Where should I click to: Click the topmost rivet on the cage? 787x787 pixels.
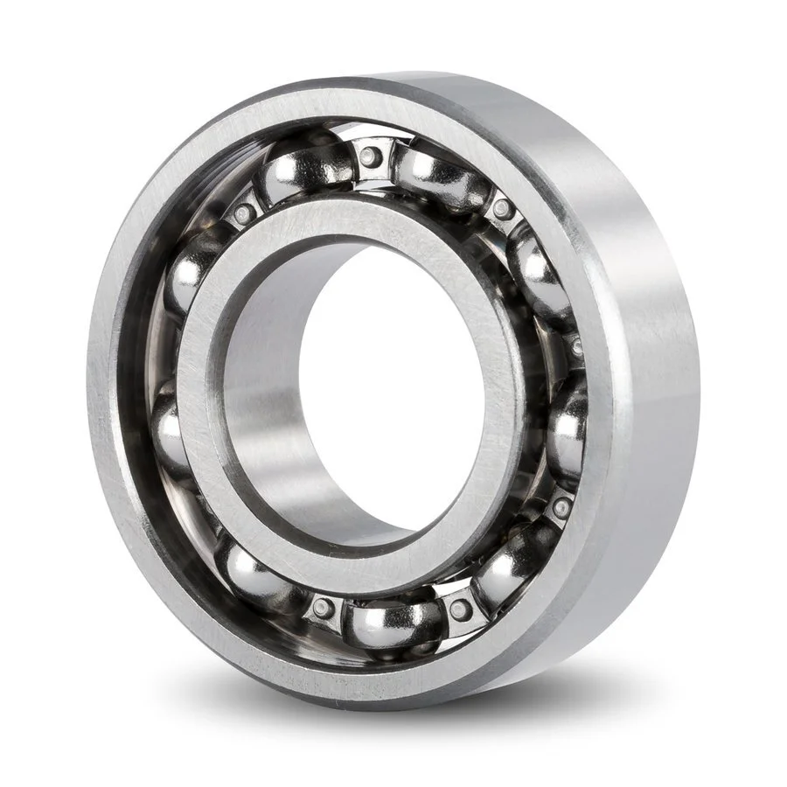click(x=370, y=157)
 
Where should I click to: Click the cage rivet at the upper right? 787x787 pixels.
click(x=502, y=209)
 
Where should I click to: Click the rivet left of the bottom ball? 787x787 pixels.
click(x=324, y=609)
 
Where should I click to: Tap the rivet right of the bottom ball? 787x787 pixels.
click(x=460, y=609)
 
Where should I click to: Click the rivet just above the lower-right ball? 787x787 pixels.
click(x=561, y=506)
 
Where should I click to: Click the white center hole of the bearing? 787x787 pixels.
click(x=393, y=385)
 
